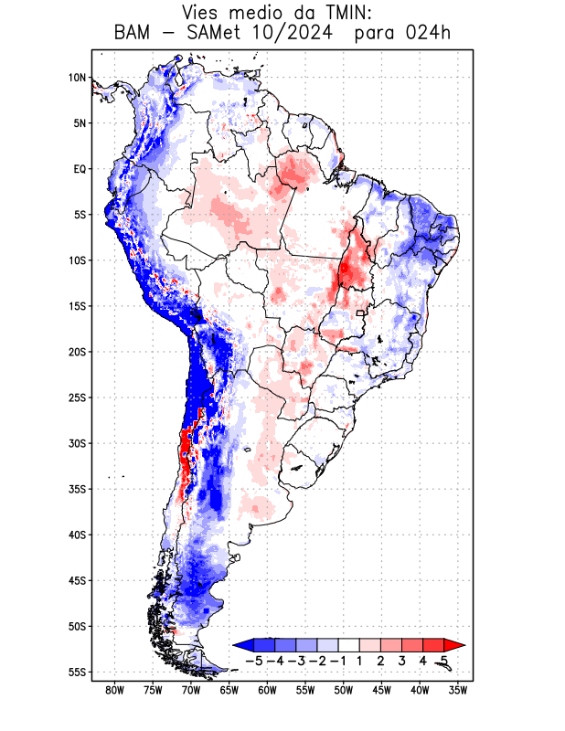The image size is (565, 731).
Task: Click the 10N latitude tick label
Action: click(x=77, y=78)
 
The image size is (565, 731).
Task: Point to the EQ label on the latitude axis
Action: click(x=80, y=169)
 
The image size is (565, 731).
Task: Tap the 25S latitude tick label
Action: click(x=77, y=397)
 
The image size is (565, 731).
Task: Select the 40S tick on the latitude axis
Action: click(x=77, y=535)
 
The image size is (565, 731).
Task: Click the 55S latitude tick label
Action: click(x=77, y=672)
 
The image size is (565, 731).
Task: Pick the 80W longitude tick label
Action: click(x=114, y=691)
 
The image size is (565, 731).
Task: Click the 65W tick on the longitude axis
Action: click(x=229, y=691)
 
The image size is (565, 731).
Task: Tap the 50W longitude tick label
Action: click(x=343, y=691)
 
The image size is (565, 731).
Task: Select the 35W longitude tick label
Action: click(x=458, y=691)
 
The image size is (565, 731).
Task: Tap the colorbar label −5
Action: click(x=254, y=660)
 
